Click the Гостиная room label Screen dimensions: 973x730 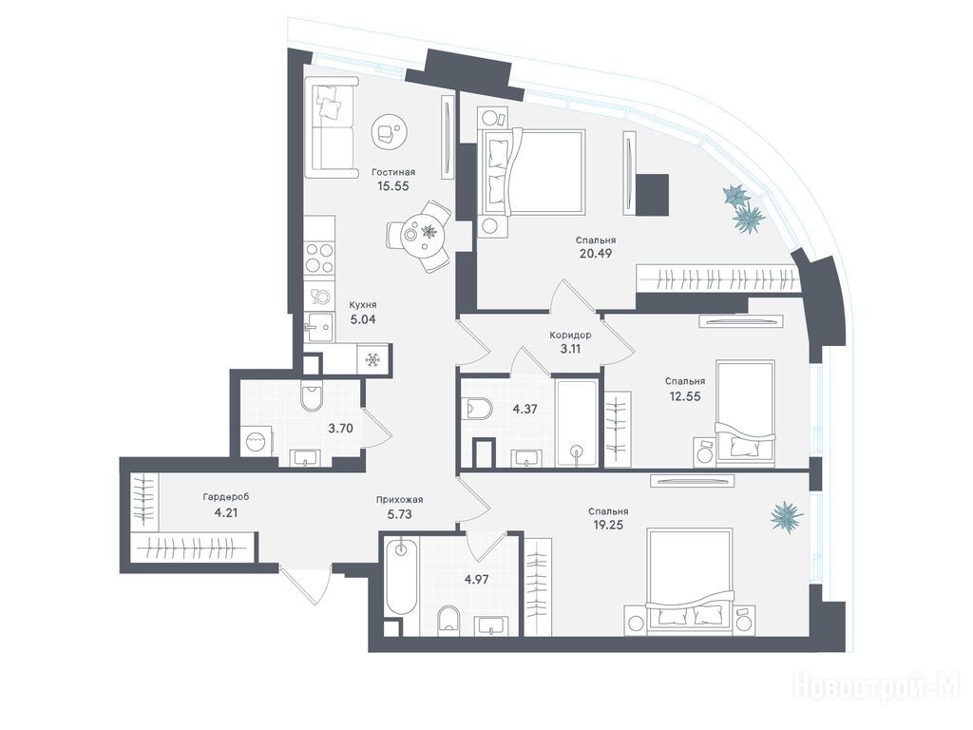[393, 172]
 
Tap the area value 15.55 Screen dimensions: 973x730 [393, 185]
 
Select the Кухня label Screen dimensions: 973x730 [363, 305]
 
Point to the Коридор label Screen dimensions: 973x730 [570, 336]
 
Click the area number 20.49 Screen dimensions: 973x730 [596, 253]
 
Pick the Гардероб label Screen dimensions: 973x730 [226, 497]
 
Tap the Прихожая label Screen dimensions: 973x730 [400, 500]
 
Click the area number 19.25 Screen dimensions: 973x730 [608, 525]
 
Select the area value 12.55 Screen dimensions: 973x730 [684, 396]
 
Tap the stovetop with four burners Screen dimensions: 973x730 [319, 257]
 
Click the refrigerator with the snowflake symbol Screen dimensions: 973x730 [372, 359]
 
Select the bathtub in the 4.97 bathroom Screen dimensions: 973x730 [402, 576]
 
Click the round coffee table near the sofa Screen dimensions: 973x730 [389, 131]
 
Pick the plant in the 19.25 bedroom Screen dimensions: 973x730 [786, 515]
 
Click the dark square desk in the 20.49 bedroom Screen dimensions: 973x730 [652, 195]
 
